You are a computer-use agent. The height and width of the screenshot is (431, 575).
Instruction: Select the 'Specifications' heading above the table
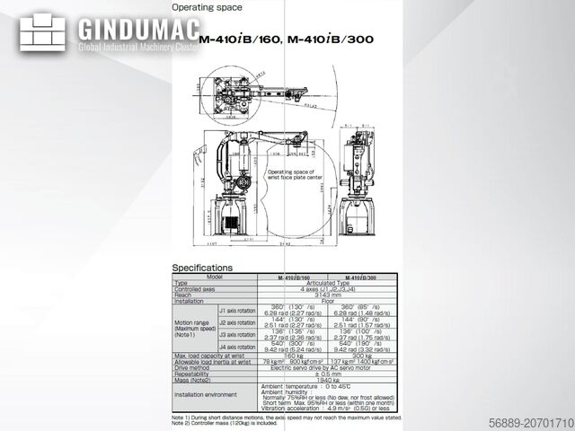202,268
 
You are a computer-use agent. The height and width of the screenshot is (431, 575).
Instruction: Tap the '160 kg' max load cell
293,355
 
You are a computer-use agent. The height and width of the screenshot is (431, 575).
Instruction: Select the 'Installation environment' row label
209,394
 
